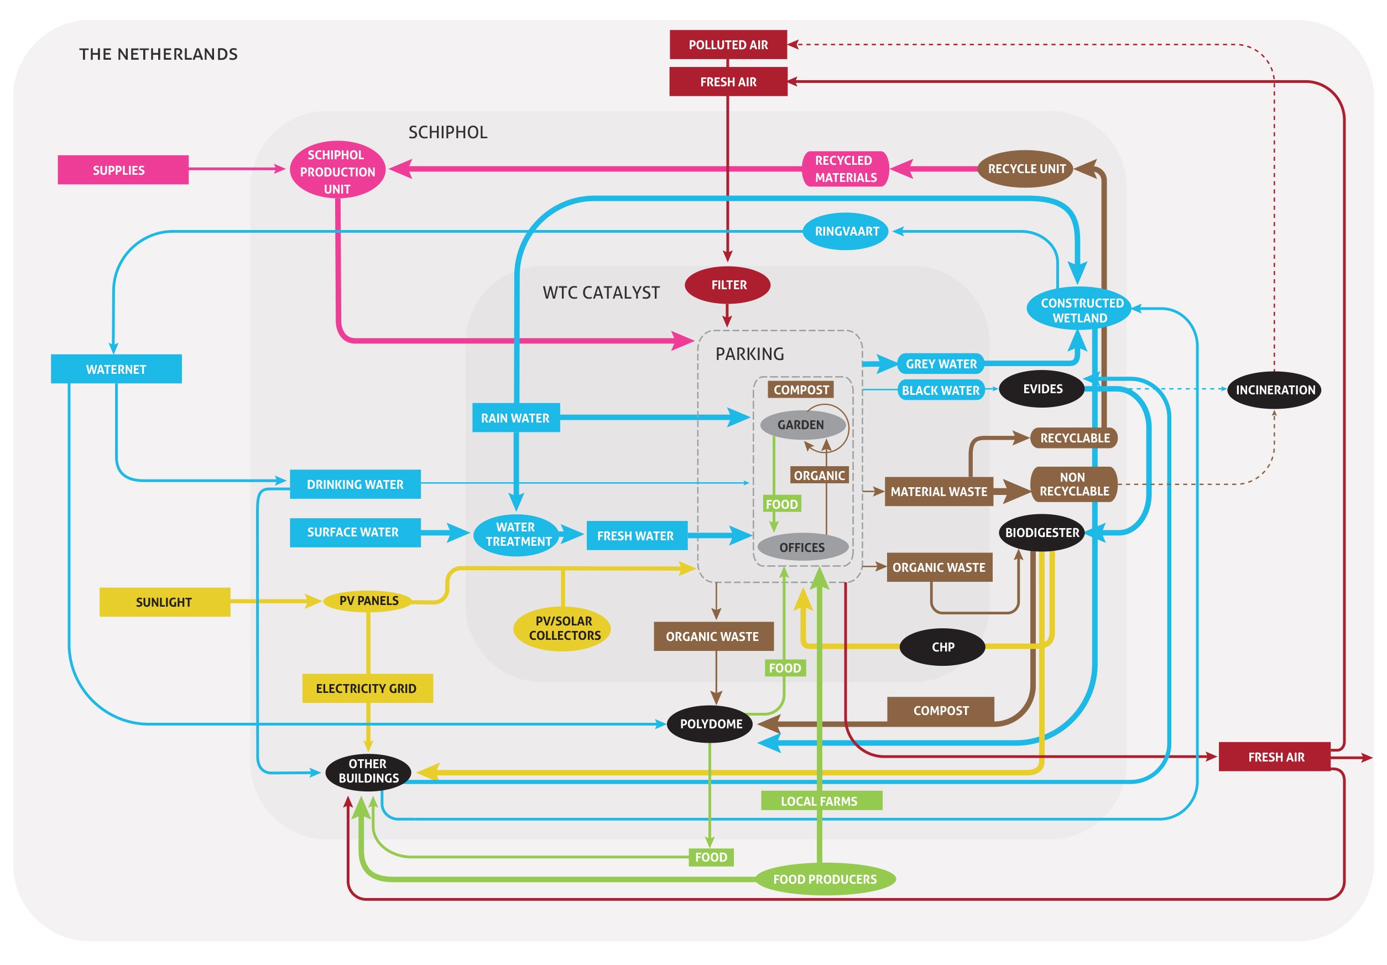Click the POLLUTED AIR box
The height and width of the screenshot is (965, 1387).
728,45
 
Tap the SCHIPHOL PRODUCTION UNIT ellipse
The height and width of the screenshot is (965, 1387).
337,171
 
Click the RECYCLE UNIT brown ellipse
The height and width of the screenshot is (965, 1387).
1026,169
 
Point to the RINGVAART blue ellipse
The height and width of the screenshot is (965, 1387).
846,231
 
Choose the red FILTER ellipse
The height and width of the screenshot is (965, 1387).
727,285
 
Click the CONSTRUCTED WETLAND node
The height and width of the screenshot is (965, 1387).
1079,309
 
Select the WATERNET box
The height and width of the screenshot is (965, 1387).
116,369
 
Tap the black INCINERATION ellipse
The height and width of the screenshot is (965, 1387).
1274,390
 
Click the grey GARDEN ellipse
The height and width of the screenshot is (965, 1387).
800,425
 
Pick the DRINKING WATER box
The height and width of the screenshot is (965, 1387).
355,484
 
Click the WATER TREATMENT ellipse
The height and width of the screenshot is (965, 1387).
517,534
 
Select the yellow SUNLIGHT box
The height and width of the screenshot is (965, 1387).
164,602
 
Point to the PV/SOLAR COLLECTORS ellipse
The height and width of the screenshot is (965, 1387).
562,628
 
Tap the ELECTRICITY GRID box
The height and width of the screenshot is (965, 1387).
367,688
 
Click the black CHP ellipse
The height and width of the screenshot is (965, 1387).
942,646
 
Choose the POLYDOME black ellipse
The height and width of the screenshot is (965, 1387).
711,723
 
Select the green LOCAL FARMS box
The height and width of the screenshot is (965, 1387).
820,801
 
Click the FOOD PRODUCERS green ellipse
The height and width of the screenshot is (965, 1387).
825,879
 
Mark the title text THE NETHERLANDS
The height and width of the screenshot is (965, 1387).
158,54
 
